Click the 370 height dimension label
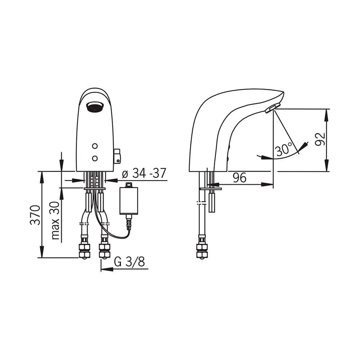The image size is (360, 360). [36, 215]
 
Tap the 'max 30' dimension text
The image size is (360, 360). [55, 221]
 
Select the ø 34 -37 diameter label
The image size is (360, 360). [144, 173]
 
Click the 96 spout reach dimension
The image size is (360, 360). [239, 177]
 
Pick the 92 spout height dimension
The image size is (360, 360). [320, 139]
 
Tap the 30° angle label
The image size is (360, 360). [284, 149]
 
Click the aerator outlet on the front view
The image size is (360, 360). [95, 107]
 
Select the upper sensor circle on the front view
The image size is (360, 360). [95, 146]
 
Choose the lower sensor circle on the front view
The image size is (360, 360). [95, 158]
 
